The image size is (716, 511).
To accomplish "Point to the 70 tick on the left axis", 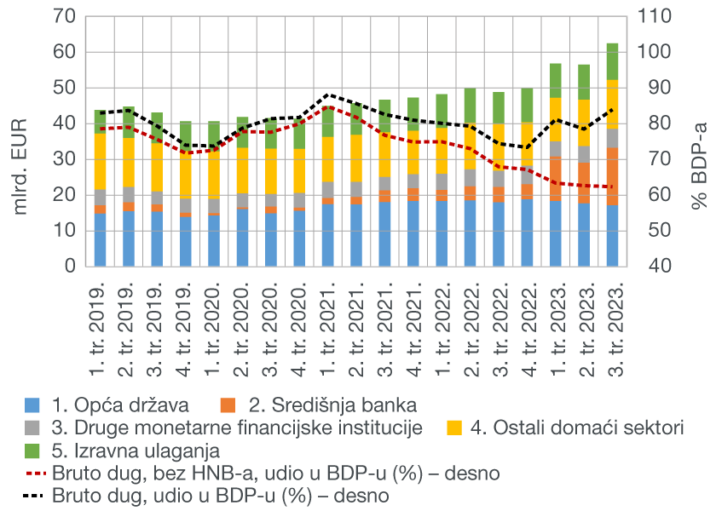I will click(x=67, y=17).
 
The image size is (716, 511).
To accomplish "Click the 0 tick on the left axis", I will click(x=72, y=267).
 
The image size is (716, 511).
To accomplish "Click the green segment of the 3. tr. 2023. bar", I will click(x=613, y=61).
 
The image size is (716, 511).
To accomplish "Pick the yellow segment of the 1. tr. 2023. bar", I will click(x=556, y=119).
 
